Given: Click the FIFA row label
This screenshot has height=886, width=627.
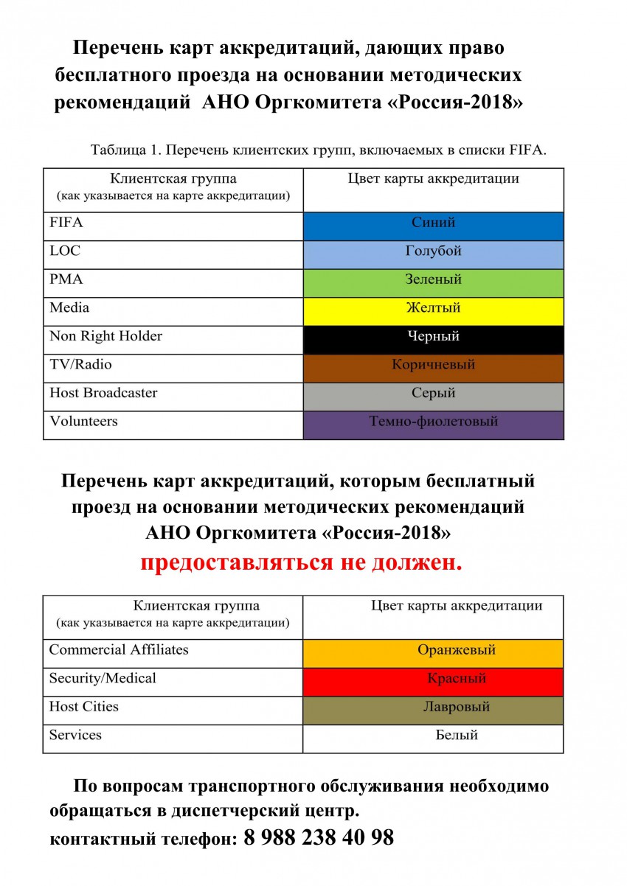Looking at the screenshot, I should (x=66, y=223).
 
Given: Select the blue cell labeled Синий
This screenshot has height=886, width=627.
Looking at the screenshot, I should (x=434, y=226).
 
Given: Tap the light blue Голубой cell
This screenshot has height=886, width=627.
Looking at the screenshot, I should (x=434, y=254).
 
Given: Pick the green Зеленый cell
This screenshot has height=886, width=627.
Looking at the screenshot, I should (x=434, y=283).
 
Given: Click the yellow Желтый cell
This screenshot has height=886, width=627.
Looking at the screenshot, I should (x=434, y=311).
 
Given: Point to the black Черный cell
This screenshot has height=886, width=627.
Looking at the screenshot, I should (x=434, y=340).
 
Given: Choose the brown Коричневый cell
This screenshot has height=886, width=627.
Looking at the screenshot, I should (x=434, y=368).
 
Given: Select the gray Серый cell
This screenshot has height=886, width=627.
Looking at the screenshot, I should (x=434, y=397).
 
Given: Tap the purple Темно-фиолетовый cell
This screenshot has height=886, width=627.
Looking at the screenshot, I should (x=434, y=425).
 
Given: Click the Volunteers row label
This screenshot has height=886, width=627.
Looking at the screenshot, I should (x=83, y=422).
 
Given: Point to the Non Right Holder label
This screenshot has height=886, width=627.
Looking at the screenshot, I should (x=105, y=336).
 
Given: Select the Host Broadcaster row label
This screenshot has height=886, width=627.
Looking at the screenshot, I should (x=103, y=393).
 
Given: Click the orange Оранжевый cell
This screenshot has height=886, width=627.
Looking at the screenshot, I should (x=434, y=654).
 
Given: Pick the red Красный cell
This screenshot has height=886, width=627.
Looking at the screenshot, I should (x=434, y=682).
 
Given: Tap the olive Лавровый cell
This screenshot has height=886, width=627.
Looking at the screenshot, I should (x=434, y=711).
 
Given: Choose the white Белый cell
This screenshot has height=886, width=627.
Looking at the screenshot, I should (x=434, y=739).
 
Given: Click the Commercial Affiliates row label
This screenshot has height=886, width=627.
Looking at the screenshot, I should (x=119, y=650).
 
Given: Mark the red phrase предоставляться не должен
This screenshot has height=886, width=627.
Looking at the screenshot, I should (x=302, y=563).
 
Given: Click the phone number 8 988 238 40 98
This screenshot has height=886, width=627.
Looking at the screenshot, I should (x=318, y=838).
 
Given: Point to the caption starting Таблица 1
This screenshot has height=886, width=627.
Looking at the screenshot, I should (x=318, y=150).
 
